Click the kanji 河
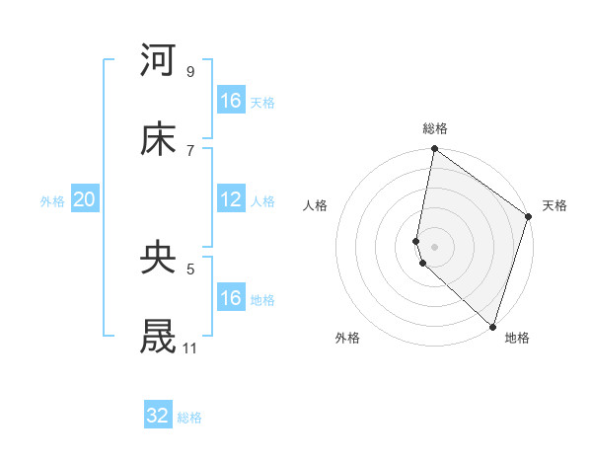click(159, 60)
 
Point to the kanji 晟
click(159, 336)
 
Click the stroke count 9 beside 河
click(189, 72)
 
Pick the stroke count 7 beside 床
click(189, 150)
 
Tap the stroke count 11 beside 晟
click(189, 348)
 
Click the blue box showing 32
click(158, 416)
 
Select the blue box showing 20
click(85, 199)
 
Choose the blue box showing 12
click(231, 199)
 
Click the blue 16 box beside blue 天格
click(231, 101)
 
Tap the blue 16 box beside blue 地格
click(231, 298)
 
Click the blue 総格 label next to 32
click(189, 418)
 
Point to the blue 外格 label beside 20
click(52, 201)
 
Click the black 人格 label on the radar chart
click(316, 205)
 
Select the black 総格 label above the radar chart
click(435, 128)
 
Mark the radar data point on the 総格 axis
click(434, 150)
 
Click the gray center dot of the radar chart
click(434, 246)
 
